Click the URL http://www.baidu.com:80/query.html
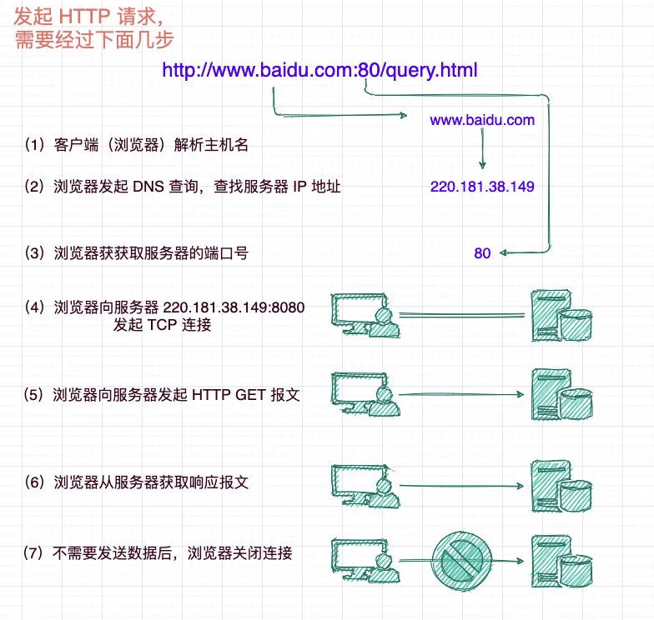pyautogui.click(x=319, y=70)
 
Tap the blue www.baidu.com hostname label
pyautogui.click(x=482, y=120)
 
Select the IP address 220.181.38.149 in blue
pyautogui.click(x=482, y=187)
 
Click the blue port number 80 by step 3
pyautogui.click(x=482, y=253)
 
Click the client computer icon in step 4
pyautogui.click(x=365, y=315)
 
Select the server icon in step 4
pyautogui.click(x=561, y=315)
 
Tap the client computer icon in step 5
pyautogui.click(x=365, y=395)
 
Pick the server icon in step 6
pyautogui.click(x=561, y=486)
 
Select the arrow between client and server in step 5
pyautogui.click(x=463, y=395)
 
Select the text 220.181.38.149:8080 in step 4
pyautogui.click(x=234, y=307)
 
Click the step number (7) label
pyautogui.click(x=36, y=552)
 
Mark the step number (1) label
pyautogui.click(x=36, y=145)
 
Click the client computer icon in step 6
pyautogui.click(x=365, y=486)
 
